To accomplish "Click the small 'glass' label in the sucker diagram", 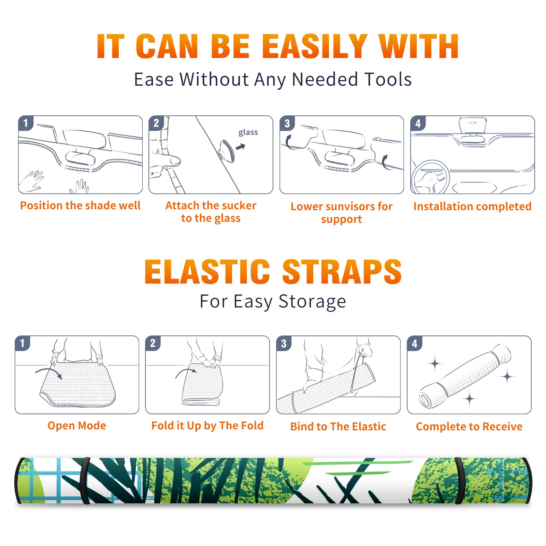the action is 248,132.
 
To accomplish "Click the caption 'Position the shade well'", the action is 80,205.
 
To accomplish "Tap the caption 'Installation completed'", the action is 472,206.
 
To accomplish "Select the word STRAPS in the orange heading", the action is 342,272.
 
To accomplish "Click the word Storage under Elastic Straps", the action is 312,302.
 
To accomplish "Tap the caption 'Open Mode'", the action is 77,426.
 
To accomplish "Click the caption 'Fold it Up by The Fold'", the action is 207,426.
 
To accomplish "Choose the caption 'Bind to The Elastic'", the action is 338,427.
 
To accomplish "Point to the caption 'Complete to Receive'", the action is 469,427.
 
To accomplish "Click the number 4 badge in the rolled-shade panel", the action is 415,344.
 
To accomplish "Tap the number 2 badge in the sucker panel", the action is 156,123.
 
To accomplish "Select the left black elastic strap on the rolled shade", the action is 85,480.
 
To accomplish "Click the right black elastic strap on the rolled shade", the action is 459,480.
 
